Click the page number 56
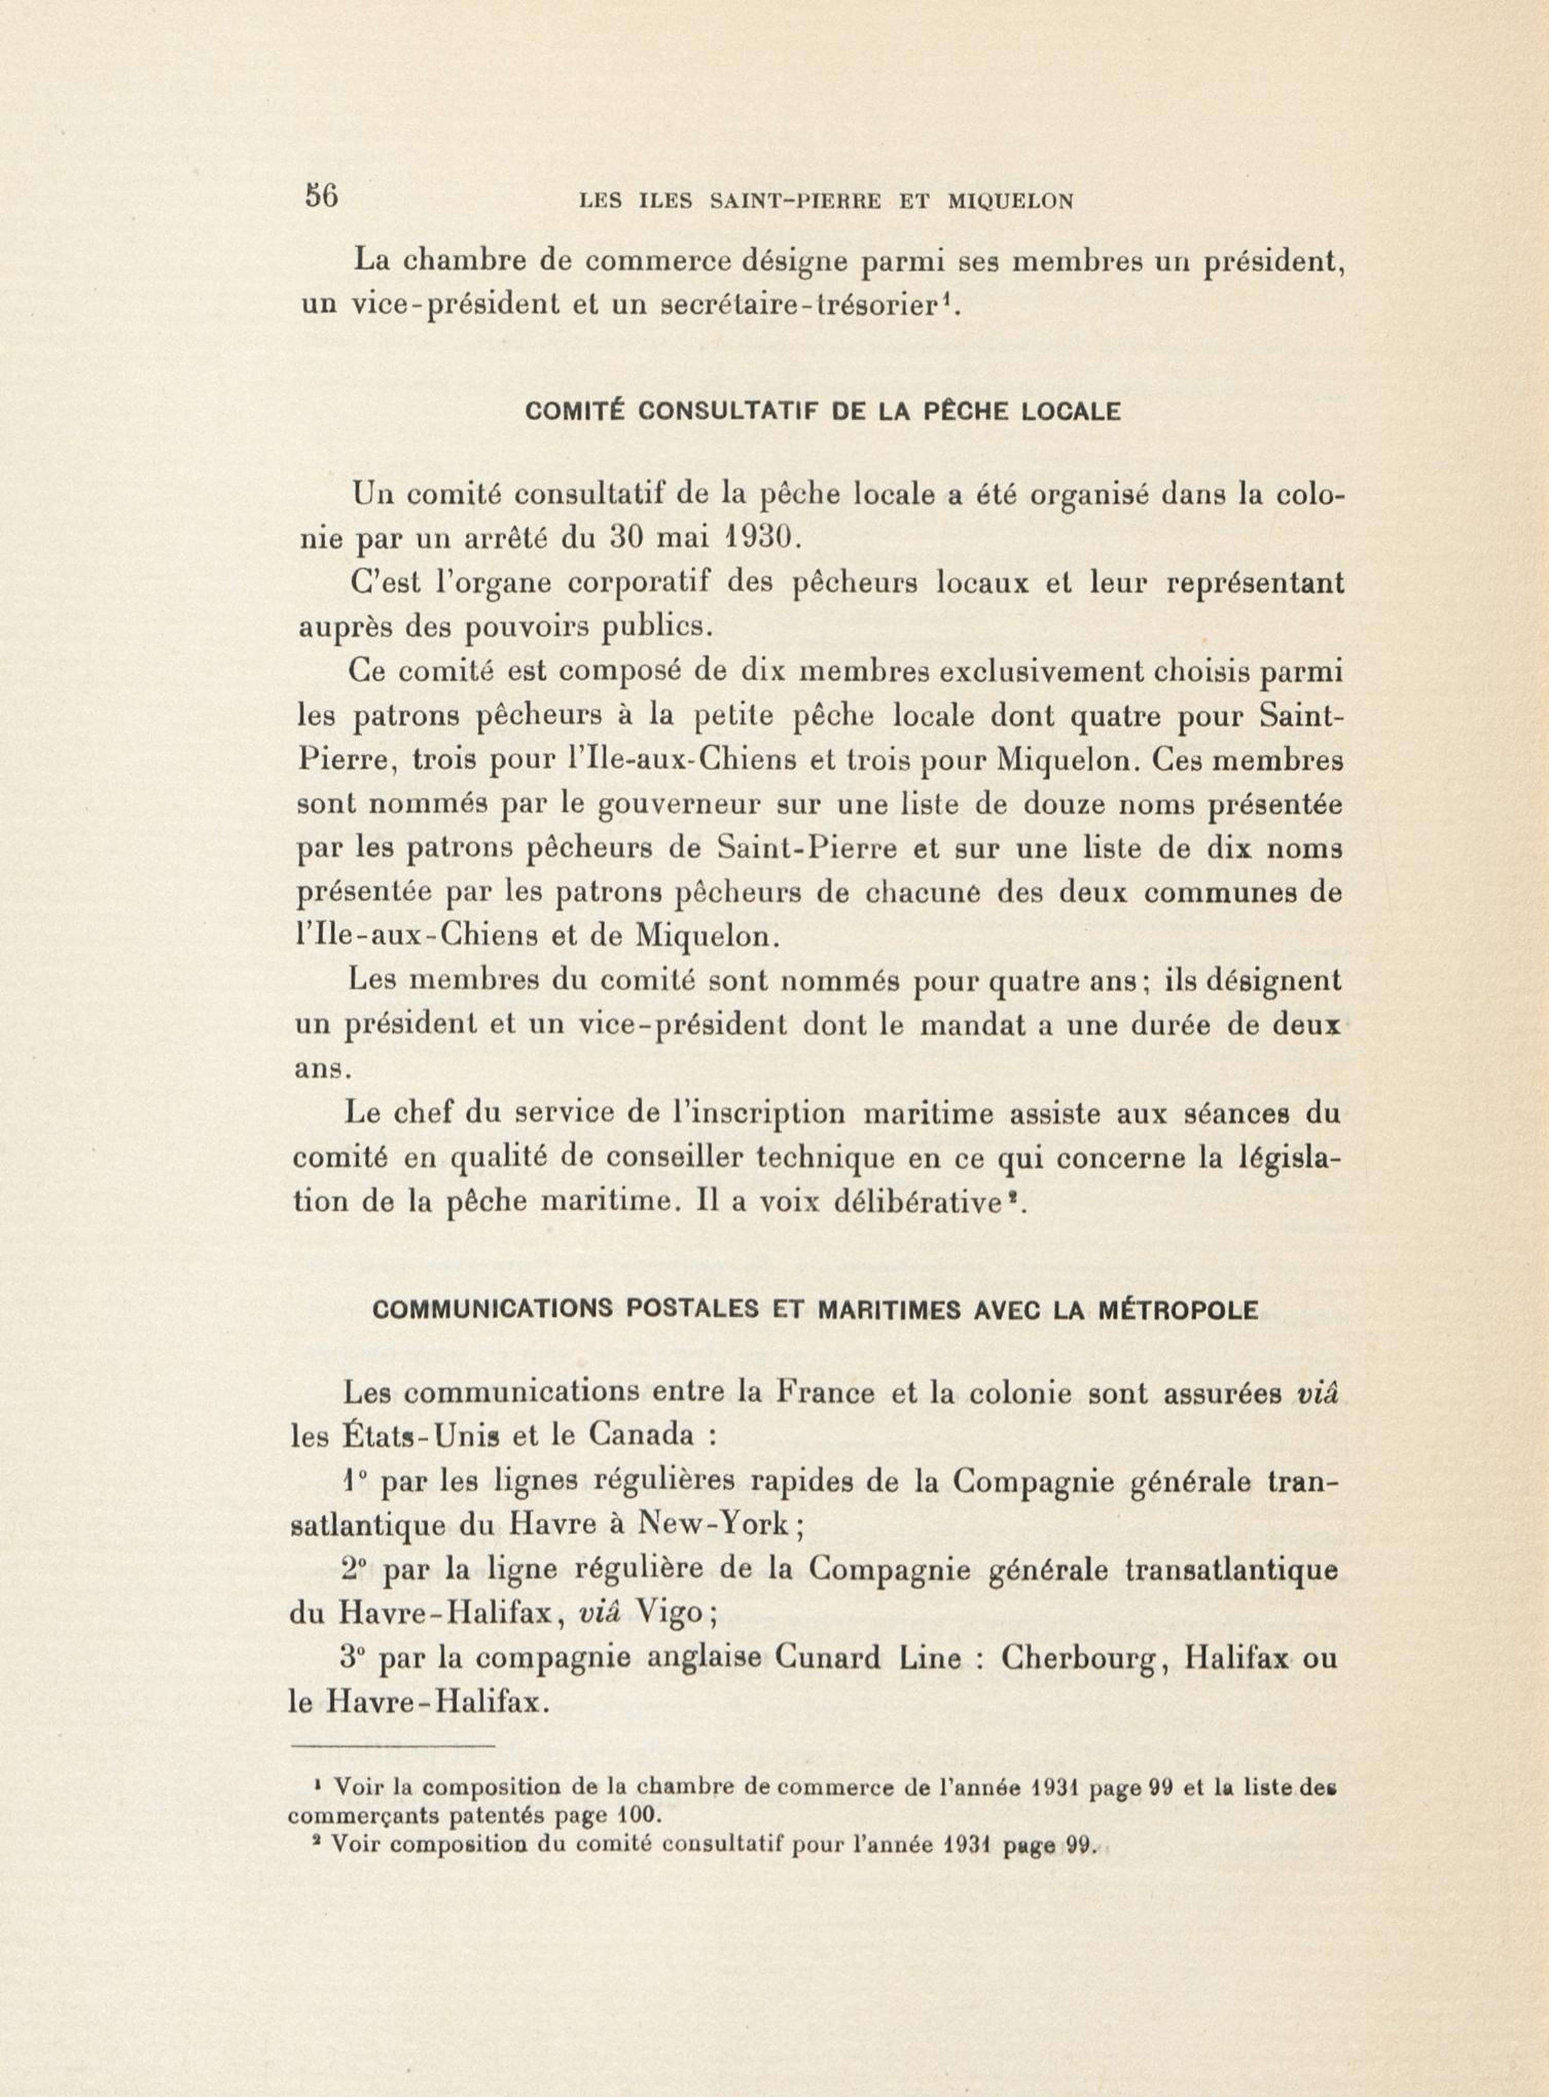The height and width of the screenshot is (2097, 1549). [x=321, y=197]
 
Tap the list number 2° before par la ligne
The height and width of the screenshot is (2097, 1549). [x=355, y=1569]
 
